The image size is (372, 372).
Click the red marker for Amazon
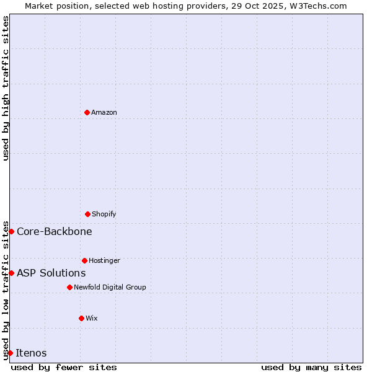pyautogui.click(x=87, y=112)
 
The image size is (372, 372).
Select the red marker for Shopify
pyautogui.click(x=87, y=214)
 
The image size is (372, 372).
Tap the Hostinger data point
pyautogui.click(x=84, y=260)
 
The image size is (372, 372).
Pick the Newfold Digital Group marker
pyautogui.click(x=69, y=287)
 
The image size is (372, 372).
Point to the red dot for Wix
pyautogui.click(x=81, y=318)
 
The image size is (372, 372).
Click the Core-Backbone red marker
pyautogui.click(x=11, y=231)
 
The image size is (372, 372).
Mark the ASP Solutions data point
pyautogui.click(x=11, y=273)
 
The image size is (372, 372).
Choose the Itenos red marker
pyautogui.click(x=11, y=353)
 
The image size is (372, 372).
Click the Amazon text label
pyautogui.click(x=104, y=112)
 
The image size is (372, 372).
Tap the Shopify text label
pyautogui.click(x=104, y=214)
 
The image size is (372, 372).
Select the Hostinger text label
pyautogui.click(x=104, y=260)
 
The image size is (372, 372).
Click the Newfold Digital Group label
pyautogui.click(x=110, y=287)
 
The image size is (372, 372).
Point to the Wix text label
pyautogui.click(x=92, y=318)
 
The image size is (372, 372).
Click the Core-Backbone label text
pyautogui.click(x=55, y=231)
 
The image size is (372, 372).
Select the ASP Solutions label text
pyautogui.click(x=51, y=273)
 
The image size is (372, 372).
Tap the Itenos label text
pyautogui.click(x=31, y=353)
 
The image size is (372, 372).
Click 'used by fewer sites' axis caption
pyautogui.click(x=64, y=367)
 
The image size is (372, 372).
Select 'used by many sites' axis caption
pyautogui.click(x=311, y=367)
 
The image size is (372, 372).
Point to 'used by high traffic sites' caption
pyautogui.click(x=6, y=88)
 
